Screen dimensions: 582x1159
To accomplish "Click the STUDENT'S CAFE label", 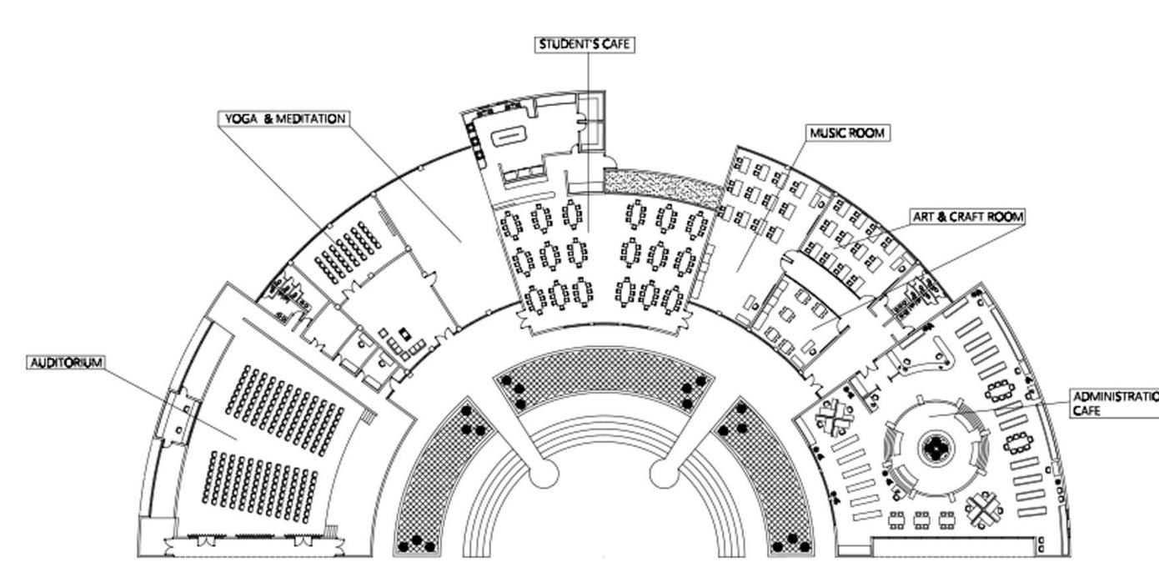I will (x=585, y=44).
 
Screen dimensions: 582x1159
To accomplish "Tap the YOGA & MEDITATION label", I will (x=283, y=119).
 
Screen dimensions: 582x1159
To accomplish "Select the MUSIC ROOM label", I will (x=846, y=133).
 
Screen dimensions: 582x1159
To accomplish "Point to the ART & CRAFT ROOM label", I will (x=967, y=217).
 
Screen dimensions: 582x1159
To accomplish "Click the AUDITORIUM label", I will (x=67, y=363).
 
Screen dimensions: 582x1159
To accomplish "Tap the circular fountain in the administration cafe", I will (x=936, y=449).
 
